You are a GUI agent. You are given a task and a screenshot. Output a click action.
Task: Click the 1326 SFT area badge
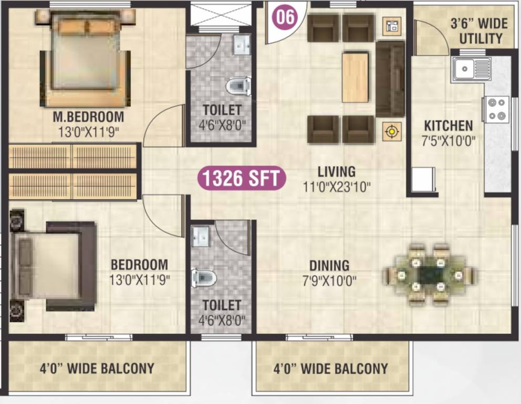[x=242, y=178]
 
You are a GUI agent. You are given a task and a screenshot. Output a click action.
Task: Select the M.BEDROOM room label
[x=88, y=116]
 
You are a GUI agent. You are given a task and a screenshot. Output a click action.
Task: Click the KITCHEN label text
[x=448, y=126]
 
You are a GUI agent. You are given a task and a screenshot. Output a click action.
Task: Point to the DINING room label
[x=329, y=266]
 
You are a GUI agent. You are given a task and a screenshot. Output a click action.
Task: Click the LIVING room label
[x=336, y=171]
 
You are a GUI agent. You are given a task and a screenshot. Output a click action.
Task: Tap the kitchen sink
[x=471, y=69]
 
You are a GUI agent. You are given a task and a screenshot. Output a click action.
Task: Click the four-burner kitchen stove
[x=496, y=109]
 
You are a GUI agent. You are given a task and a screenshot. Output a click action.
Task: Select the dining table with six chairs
[x=429, y=274]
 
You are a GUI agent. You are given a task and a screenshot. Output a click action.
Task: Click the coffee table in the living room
[x=355, y=77]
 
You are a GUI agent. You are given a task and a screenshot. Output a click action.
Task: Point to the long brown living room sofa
[x=390, y=79]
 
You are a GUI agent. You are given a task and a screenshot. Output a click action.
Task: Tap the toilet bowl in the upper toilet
[x=238, y=85]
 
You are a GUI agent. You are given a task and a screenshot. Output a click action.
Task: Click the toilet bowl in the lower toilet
[x=204, y=277]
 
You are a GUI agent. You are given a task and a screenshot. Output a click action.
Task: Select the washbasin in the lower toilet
[x=200, y=236]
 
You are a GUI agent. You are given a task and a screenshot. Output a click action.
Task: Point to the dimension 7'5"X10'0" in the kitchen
[x=448, y=140]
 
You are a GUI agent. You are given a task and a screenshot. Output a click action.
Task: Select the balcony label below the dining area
[x=330, y=369]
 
